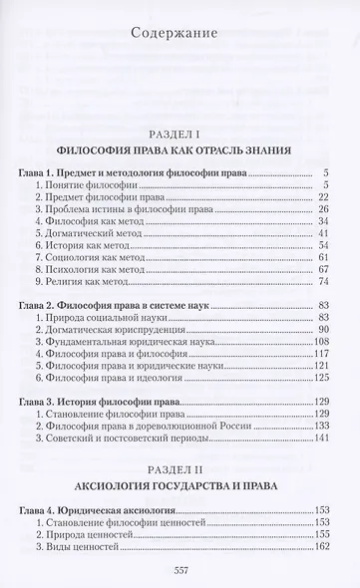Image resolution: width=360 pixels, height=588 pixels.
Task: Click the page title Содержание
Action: click(x=180, y=40)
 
